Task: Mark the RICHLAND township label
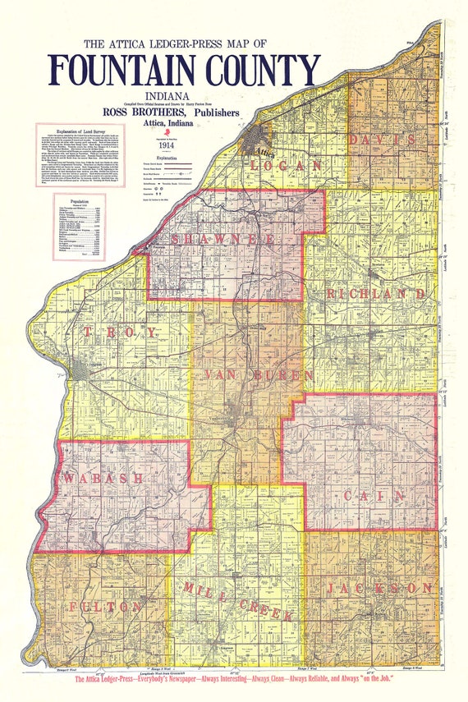(374, 293)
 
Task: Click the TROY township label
(120, 332)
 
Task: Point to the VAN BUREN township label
(256, 375)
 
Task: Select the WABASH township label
(103, 477)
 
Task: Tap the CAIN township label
(374, 495)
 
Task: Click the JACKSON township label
(379, 589)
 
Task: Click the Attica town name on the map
(264, 153)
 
